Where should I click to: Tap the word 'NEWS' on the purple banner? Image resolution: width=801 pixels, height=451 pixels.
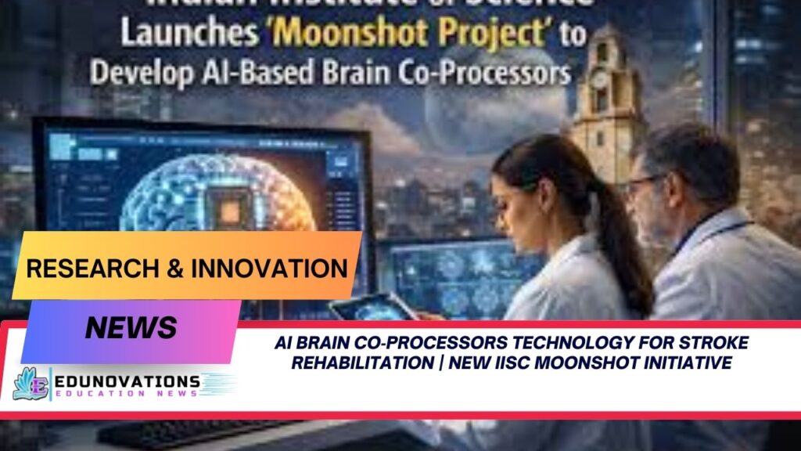tap(131, 327)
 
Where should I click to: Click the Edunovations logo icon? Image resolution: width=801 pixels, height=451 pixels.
tap(30, 384)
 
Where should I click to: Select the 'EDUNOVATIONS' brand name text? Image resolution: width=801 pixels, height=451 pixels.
tap(127, 381)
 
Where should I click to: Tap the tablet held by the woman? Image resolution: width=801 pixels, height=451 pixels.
tap(368, 307)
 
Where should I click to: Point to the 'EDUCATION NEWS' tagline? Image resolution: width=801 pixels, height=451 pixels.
tap(127, 394)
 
